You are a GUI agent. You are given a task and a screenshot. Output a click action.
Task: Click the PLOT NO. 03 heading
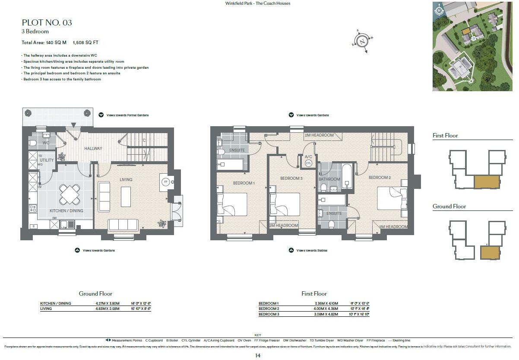47,22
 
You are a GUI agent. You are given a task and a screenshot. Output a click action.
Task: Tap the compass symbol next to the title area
363,41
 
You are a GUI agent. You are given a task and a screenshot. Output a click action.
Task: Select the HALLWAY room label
93,148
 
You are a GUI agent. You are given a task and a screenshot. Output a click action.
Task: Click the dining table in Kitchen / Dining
70,194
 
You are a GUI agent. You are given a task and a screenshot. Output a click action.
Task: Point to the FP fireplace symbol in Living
165,182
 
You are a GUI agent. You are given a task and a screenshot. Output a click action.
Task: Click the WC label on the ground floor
46,143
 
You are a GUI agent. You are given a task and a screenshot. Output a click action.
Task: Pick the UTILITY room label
47,160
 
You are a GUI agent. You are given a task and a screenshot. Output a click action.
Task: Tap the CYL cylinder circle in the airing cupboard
308,163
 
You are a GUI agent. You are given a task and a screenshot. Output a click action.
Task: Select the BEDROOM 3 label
291,178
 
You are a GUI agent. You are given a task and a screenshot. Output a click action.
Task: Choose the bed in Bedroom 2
392,198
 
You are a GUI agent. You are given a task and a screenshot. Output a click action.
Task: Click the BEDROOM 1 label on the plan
244,183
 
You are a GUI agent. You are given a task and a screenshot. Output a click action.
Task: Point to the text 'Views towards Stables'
311,250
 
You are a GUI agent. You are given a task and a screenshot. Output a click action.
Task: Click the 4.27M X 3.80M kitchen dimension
108,303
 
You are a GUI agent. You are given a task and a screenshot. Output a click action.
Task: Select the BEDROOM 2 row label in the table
269,309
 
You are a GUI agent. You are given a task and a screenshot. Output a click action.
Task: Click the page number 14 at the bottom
258,355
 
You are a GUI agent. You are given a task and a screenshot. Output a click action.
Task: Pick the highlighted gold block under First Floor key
486,182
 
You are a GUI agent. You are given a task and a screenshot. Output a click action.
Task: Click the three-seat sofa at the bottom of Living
123,224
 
